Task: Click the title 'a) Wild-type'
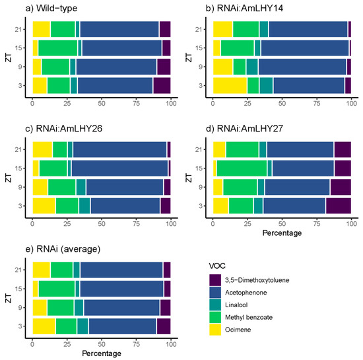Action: coord(51,9)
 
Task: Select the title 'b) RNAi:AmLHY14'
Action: coord(244,9)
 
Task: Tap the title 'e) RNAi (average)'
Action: coord(63,249)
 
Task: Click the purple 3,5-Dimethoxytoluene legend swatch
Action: coord(215,280)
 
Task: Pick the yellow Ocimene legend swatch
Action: coord(215,330)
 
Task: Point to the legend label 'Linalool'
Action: coord(236,305)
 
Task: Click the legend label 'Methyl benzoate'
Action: coord(249,317)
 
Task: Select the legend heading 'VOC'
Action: coord(217,266)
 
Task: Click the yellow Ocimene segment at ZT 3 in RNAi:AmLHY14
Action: coord(230,85)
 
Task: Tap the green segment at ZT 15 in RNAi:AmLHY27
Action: coord(242,168)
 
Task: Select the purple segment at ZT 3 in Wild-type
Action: coord(162,85)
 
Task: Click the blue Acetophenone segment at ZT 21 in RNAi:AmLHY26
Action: coord(119,149)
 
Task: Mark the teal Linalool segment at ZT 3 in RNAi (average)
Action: coord(82,326)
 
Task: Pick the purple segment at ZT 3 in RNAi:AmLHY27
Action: coord(339,205)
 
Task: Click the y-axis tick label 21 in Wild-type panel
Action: coord(18,29)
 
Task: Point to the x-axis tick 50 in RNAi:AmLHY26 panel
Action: coord(102,223)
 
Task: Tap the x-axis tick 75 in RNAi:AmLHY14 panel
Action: coord(317,103)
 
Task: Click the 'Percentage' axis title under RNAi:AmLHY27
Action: coord(282,233)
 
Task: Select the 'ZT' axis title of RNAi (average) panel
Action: coord(9,298)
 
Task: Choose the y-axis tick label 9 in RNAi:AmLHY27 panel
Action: coord(201,187)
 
